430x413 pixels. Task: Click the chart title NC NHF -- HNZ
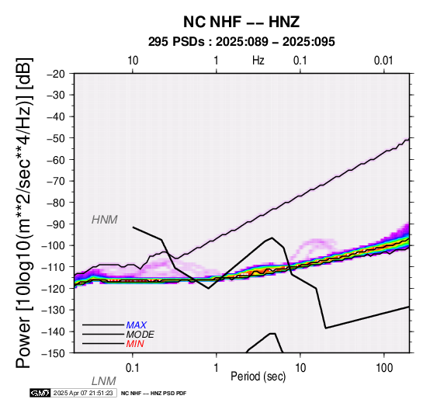coord(241,22)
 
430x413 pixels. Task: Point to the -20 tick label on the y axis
coord(56,74)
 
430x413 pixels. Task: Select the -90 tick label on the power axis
coord(56,224)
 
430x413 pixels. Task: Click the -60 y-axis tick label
coord(56,160)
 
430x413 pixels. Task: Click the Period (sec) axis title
coord(258,377)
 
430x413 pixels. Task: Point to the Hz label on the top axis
coord(258,61)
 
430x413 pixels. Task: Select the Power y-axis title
coord(24,213)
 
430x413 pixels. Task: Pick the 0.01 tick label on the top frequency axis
coord(383,61)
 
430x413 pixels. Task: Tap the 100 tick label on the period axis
coord(384,368)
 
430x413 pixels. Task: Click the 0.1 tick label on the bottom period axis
coord(133,368)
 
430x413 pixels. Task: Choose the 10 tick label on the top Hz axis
coord(133,61)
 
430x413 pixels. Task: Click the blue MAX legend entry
coord(137,325)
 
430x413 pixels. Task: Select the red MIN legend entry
coord(135,344)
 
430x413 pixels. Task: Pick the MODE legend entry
coord(140,335)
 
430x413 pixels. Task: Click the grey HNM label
coord(105,220)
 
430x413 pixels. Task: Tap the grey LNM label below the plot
coord(104,381)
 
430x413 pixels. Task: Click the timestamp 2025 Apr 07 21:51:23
coord(83,393)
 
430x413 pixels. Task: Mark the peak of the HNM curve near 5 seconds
coord(272,238)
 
